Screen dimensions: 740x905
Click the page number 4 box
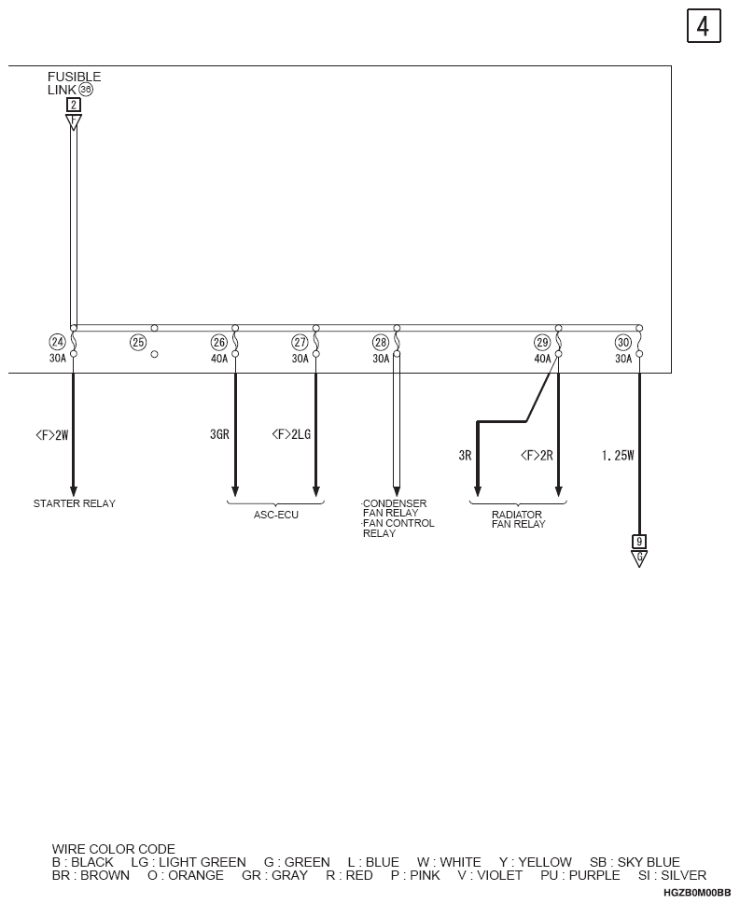[x=704, y=26]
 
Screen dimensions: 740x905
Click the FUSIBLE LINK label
[x=74, y=83]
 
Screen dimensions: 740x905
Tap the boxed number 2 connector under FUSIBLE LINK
[x=73, y=105]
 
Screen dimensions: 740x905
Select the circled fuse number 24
[x=57, y=342]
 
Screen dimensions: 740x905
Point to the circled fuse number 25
[x=138, y=342]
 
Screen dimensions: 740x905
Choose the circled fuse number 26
[x=219, y=342]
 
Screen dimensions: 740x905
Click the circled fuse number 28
[x=381, y=342]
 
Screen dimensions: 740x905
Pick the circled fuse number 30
[x=623, y=342]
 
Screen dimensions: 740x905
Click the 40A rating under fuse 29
[x=542, y=359]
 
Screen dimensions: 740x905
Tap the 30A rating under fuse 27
[x=300, y=359]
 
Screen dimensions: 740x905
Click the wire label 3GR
[x=219, y=434]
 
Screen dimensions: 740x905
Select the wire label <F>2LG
[x=291, y=434]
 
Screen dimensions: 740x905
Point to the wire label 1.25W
[x=618, y=456]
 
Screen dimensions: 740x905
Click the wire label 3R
[x=465, y=456]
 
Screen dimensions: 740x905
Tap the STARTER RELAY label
[x=75, y=503]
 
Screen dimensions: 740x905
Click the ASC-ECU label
[x=276, y=515]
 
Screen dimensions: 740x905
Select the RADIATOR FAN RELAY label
[x=518, y=519]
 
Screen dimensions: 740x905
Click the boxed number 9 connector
[x=639, y=542]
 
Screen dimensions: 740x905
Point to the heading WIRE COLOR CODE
[x=114, y=848]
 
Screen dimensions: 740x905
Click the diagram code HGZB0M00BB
[x=697, y=893]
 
